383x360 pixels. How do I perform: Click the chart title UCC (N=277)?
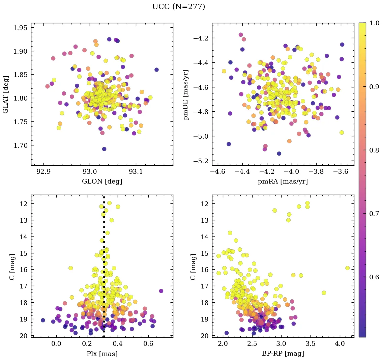point(178,7)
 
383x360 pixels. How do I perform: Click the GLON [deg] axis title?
point(102,182)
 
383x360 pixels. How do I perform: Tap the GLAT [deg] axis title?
point(6,94)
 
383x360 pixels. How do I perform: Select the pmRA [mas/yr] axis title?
point(283,182)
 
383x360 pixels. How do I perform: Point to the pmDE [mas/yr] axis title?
point(186,95)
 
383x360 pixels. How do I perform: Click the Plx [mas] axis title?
point(102,354)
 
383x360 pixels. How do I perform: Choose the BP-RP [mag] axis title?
point(283,354)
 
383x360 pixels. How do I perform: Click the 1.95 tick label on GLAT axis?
point(21,28)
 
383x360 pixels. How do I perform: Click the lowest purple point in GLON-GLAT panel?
point(104,149)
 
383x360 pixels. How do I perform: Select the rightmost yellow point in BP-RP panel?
point(347,268)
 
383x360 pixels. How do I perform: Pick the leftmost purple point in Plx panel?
point(43,320)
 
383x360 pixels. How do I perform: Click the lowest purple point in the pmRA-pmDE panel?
point(279,154)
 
